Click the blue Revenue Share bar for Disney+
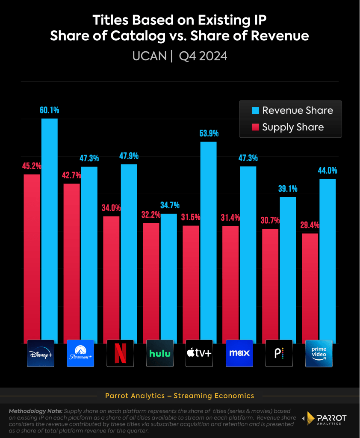49,231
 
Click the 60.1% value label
49,110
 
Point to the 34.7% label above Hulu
170,205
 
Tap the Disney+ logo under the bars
41,353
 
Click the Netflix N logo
120,353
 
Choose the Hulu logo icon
160,353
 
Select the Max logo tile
239,353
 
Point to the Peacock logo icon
279,353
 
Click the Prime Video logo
319,353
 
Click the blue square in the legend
256,110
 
